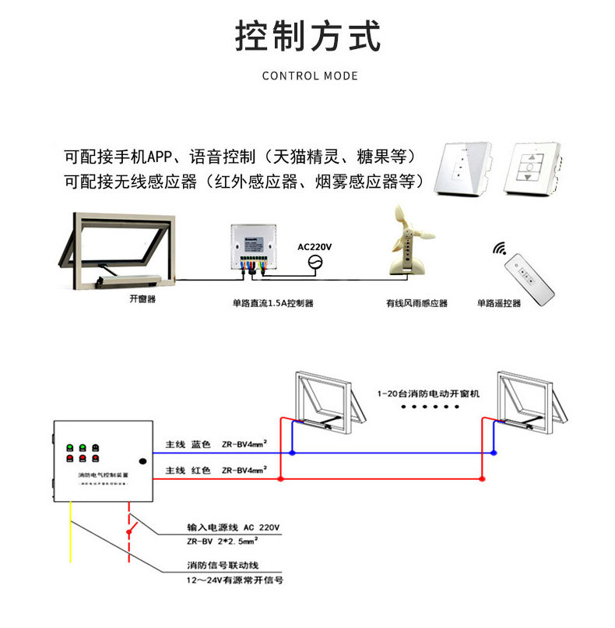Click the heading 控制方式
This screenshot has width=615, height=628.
(x=308, y=37)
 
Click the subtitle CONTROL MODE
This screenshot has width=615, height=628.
(x=310, y=76)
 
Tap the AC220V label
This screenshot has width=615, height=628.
(x=315, y=247)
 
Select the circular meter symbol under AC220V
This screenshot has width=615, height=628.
(x=315, y=262)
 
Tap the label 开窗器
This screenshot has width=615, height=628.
(x=142, y=298)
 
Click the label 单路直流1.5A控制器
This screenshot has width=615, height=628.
(x=272, y=303)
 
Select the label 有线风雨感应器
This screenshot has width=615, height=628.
(x=416, y=303)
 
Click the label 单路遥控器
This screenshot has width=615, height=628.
(x=499, y=303)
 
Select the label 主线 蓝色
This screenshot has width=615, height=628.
(x=188, y=445)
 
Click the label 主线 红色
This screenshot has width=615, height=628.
(x=188, y=471)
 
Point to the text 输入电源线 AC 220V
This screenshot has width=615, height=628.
(x=233, y=527)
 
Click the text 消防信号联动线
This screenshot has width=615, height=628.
(x=222, y=565)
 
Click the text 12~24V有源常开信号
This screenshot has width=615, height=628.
(x=234, y=580)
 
